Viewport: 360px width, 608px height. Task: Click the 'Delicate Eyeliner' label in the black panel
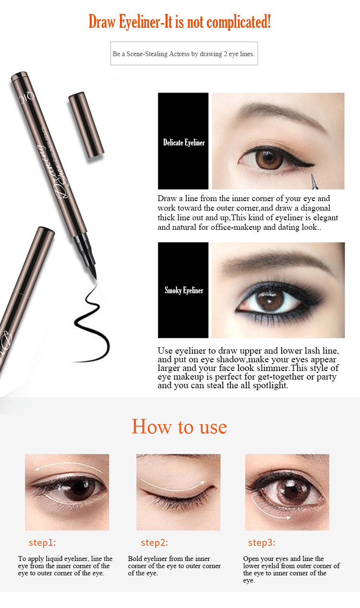[x=184, y=143]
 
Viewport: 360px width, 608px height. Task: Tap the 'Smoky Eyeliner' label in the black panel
[x=184, y=290]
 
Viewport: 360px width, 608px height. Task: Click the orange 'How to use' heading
[x=179, y=427]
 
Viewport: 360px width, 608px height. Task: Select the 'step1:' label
[x=42, y=543]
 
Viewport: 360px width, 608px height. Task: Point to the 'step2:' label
[x=154, y=543]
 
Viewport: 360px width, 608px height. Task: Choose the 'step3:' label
[x=262, y=543]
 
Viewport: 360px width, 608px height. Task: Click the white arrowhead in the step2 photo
[x=202, y=483]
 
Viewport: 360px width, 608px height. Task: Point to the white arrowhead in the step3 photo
[x=289, y=518]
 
